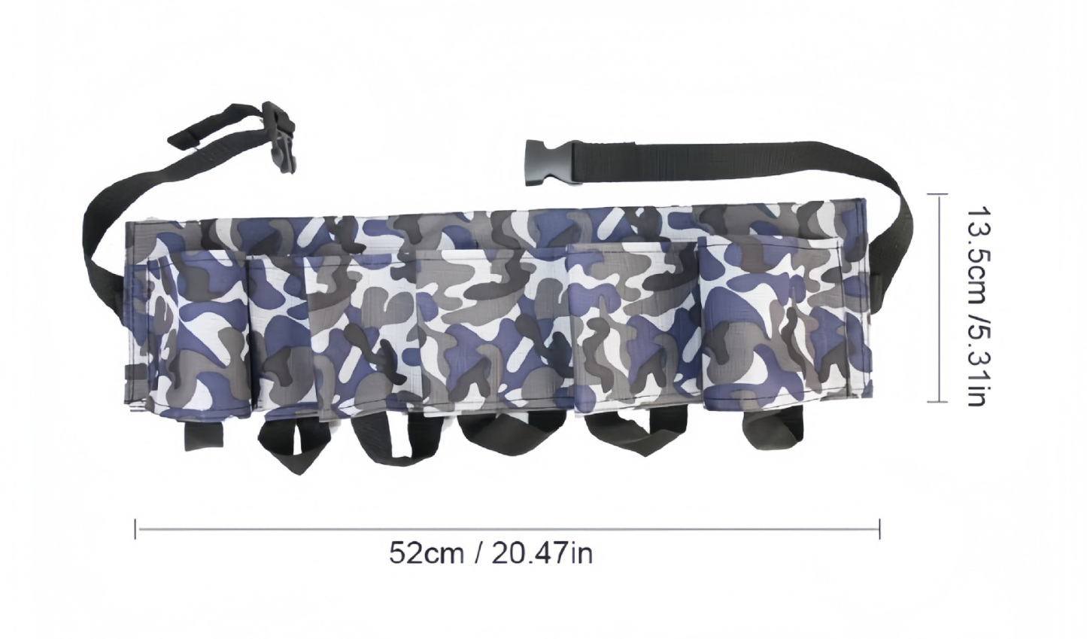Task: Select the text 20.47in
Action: [x=542, y=553]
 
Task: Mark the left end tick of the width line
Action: [x=136, y=528]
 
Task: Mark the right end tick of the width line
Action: [x=879, y=528]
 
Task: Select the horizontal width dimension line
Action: [x=508, y=528]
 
